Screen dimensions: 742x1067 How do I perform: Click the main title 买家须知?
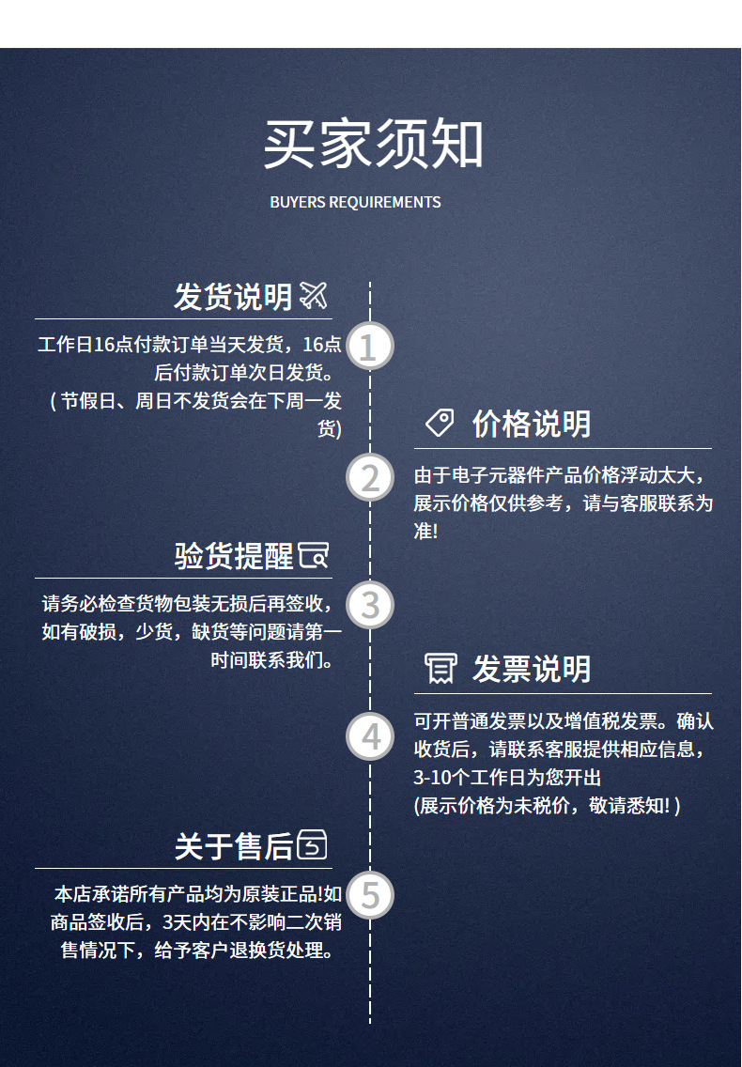tap(373, 144)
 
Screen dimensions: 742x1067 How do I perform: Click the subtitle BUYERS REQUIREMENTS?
tap(355, 202)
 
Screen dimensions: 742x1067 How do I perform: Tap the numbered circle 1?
tap(370, 346)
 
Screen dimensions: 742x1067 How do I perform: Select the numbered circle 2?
tap(370, 476)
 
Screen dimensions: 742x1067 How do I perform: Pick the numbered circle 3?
tap(370, 604)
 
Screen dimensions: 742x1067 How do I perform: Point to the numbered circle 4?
tap(370, 736)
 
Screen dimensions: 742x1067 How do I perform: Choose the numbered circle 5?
tap(370, 895)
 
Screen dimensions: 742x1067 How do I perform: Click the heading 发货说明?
tap(233, 297)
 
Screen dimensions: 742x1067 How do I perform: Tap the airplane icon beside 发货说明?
tap(314, 295)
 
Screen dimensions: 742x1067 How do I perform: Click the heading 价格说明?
tap(532, 424)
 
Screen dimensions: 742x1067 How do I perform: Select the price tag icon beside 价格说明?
tap(440, 423)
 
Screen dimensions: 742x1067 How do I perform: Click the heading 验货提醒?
tap(234, 556)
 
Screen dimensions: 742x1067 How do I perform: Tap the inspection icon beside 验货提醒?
tap(313, 555)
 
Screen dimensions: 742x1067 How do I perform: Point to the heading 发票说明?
tap(532, 669)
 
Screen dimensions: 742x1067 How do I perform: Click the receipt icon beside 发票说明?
tap(441, 668)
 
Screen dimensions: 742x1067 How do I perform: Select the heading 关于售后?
tap(234, 846)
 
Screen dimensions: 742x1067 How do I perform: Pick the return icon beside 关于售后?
tap(313, 844)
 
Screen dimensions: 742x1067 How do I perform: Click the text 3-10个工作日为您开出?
tap(507, 777)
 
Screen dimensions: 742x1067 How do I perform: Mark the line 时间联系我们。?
tap(271, 659)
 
